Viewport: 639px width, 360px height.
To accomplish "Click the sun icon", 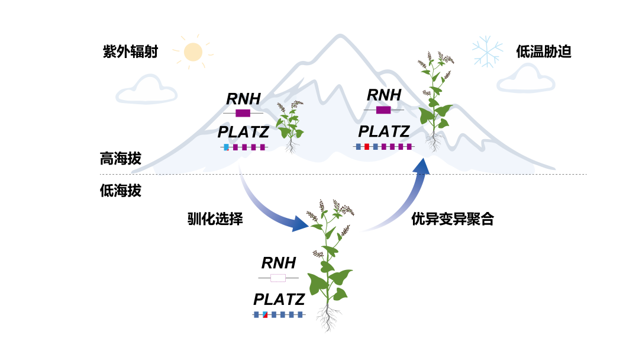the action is [193, 52].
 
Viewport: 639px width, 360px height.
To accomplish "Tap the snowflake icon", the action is [488, 52].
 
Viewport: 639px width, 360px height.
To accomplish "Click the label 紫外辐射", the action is [130, 52].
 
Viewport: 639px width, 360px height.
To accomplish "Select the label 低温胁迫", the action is [544, 52].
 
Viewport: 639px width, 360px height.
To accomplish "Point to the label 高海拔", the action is [121, 158].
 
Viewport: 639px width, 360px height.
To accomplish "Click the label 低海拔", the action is [121, 191].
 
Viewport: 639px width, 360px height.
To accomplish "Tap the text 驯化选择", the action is [215, 219].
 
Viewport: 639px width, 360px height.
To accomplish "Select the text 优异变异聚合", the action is [453, 219].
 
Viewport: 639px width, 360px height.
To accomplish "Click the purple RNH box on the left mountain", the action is [243, 113].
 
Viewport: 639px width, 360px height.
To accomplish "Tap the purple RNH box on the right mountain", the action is [383, 110].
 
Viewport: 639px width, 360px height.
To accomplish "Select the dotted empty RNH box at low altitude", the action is [278, 278].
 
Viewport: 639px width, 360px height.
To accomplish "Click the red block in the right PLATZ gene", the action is [367, 146].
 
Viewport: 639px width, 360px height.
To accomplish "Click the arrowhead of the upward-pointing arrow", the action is [422, 166].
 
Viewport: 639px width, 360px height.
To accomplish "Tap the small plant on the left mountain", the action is [290, 126].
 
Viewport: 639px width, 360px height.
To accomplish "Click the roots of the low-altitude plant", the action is [328, 318].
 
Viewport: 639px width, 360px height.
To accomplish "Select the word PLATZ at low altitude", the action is [279, 300].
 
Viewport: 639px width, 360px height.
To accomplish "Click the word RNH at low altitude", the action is [279, 263].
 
